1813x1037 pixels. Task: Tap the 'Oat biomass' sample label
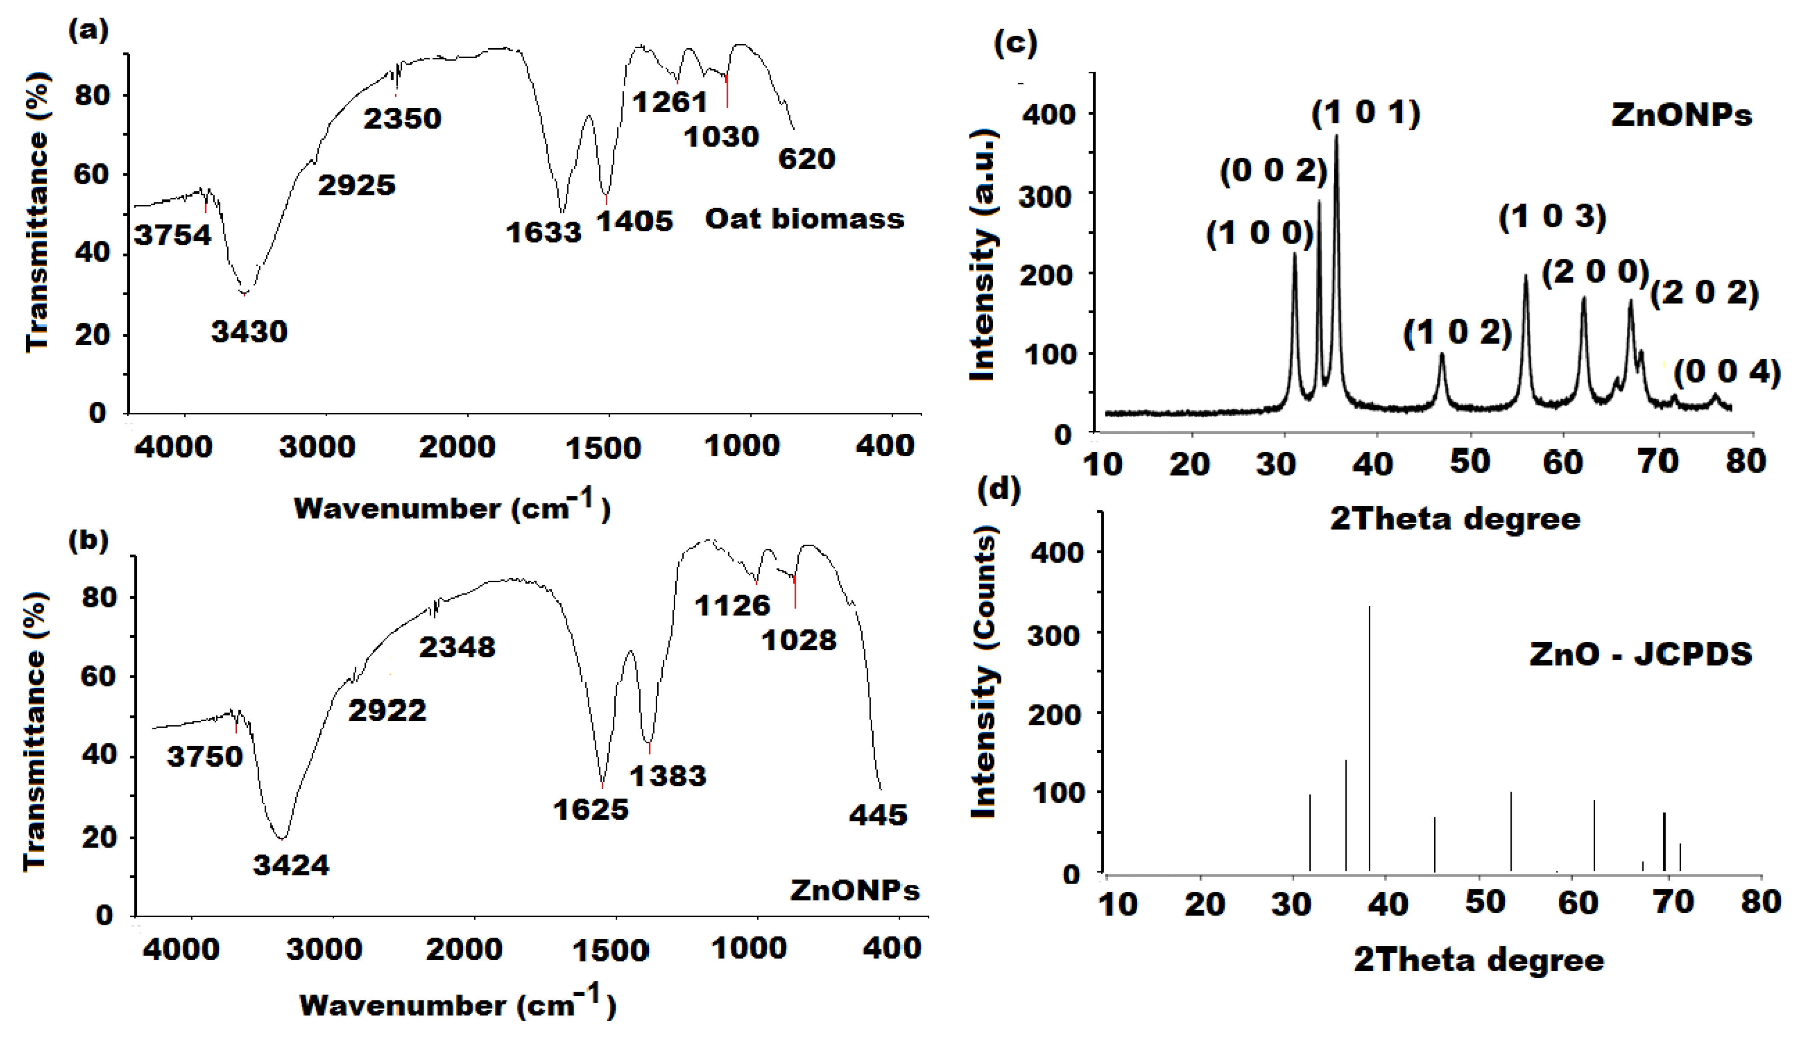(804, 219)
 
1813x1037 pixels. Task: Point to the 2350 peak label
(402, 118)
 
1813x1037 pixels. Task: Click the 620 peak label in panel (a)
(806, 159)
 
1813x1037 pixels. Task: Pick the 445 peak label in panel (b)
(878, 815)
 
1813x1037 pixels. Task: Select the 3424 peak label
(291, 865)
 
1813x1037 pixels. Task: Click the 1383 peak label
(667, 775)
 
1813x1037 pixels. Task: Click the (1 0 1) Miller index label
(1366, 113)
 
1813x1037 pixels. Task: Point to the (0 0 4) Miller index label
(1727, 372)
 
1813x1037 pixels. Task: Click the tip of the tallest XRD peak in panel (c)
(1336, 136)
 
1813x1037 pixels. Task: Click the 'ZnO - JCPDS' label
(1640, 654)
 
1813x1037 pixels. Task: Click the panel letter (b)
(88, 541)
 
